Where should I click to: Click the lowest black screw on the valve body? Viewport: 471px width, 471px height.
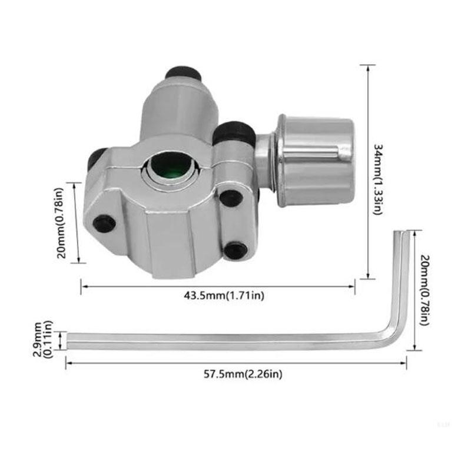[x=236, y=250]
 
